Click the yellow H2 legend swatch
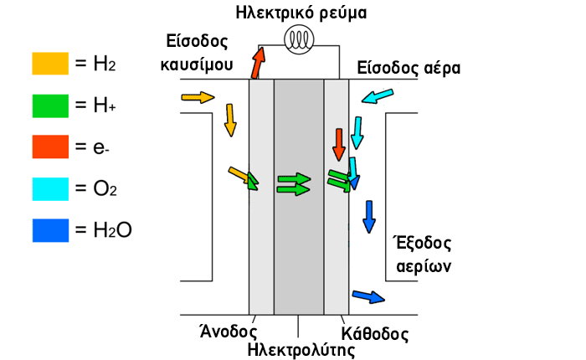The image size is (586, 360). click(x=50, y=64)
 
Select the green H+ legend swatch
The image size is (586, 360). click(x=50, y=105)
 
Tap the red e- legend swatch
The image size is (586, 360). click(x=50, y=147)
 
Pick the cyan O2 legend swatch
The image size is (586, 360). click(x=50, y=189)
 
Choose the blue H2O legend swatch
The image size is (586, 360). click(x=50, y=230)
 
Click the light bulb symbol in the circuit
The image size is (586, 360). click(x=299, y=39)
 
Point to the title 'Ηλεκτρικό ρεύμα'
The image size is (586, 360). click(x=301, y=13)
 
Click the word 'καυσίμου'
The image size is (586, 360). click(x=197, y=64)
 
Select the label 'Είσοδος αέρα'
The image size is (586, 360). click(x=409, y=68)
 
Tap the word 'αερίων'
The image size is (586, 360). click(x=424, y=266)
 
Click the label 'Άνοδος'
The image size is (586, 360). click(x=229, y=331)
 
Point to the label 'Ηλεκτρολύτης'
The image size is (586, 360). click(x=301, y=350)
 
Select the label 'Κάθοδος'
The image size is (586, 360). click(x=375, y=334)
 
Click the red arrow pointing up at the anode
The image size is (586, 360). click(x=258, y=63)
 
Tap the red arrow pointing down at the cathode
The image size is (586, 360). click(x=339, y=145)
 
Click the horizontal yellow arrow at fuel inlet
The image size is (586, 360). click(x=198, y=97)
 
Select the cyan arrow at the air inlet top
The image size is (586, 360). click(x=378, y=96)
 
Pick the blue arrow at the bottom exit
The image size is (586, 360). click(x=368, y=297)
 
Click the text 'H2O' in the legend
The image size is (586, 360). click(x=112, y=230)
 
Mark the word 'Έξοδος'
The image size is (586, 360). click(x=423, y=243)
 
